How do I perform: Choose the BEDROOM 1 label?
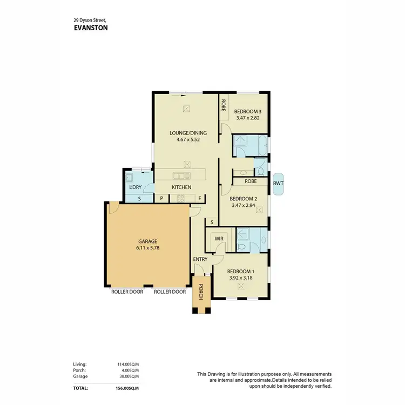click(x=240, y=271)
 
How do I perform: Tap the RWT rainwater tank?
click(x=279, y=183)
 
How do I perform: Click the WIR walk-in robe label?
click(x=219, y=238)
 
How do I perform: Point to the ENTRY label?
click(x=200, y=259)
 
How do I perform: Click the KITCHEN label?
click(x=181, y=187)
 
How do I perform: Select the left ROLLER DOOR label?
click(x=127, y=292)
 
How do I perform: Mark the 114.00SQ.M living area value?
click(x=127, y=364)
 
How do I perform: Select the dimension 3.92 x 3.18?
click(x=240, y=278)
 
